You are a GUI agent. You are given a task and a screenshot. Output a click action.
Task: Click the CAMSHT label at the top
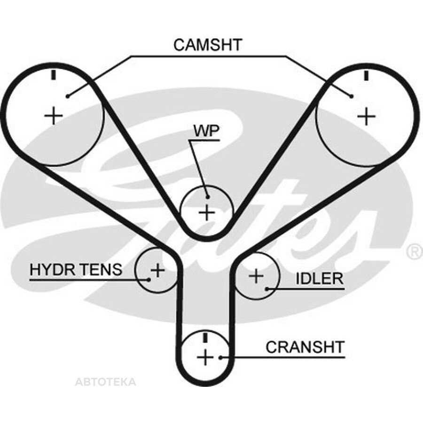point(208,45)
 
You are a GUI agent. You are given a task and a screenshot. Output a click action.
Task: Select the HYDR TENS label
point(76,269)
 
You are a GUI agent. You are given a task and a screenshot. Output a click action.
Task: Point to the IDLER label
point(320,278)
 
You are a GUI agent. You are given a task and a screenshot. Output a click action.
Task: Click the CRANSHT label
point(305,347)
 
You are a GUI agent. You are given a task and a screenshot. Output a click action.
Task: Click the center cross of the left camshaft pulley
point(54,116)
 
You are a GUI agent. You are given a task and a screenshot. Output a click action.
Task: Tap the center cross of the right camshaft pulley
point(366,116)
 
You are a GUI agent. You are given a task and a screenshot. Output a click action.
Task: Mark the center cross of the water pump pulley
point(207,212)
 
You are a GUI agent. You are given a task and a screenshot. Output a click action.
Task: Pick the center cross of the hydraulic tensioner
point(157,270)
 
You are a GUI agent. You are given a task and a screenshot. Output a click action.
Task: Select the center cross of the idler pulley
point(256,276)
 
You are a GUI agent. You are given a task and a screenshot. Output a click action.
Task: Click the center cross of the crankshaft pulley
point(205,358)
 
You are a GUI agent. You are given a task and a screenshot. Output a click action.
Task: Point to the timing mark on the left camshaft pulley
point(54,75)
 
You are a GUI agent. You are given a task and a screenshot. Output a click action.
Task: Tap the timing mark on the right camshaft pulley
point(366,75)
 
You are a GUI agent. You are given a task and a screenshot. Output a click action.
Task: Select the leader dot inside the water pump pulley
point(207,197)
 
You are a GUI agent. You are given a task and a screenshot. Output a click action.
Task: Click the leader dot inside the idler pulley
point(266,289)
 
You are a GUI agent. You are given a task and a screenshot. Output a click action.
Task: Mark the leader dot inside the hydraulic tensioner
point(149,280)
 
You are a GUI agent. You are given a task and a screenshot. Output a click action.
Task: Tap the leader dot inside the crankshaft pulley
point(220,358)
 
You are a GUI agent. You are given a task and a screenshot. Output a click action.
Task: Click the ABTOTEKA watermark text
point(105,382)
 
